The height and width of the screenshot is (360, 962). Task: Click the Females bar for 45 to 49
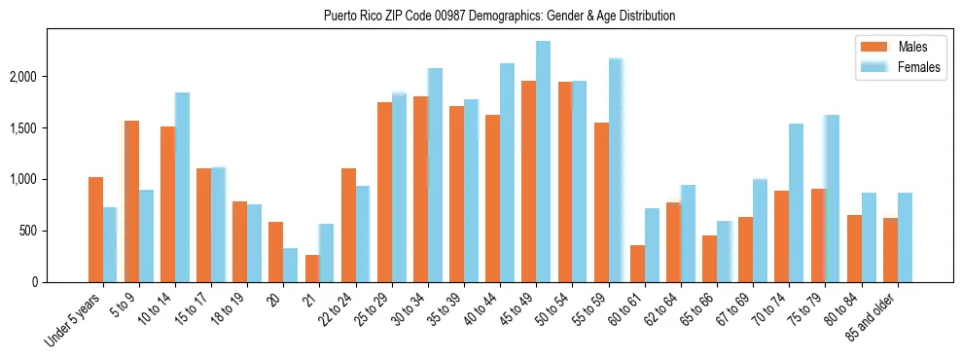point(543,162)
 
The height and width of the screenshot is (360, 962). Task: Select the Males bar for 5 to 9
point(131,201)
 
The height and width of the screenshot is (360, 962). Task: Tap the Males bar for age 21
point(312,269)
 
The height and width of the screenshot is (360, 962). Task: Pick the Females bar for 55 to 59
point(616,170)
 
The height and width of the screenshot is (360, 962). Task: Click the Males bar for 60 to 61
point(637,264)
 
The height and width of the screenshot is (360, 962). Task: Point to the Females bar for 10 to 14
point(182,188)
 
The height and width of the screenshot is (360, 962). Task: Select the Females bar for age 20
point(291,266)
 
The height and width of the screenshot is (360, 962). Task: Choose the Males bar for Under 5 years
point(95,230)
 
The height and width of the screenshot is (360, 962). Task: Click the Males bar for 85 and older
point(890,250)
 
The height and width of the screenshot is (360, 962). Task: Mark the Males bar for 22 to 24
point(348,226)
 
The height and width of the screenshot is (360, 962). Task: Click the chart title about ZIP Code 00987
point(499,17)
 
